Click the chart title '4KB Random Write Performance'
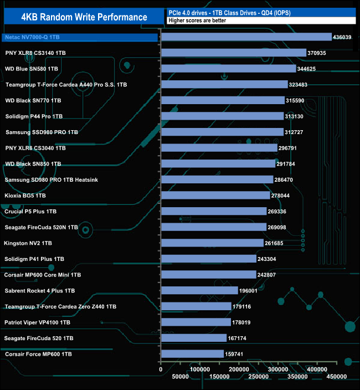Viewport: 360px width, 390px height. pos(84,17)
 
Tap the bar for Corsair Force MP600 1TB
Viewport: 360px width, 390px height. pos(192,354)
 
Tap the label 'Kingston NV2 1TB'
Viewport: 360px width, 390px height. pos(28,243)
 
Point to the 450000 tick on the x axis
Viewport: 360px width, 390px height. pos(337,377)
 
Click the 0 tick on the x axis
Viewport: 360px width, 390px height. pos(161,369)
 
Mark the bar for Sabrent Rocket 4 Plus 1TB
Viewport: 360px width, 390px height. pos(199,291)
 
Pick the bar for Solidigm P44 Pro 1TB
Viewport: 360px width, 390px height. pos(222,116)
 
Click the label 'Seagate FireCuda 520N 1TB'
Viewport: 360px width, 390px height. pos(41,227)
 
